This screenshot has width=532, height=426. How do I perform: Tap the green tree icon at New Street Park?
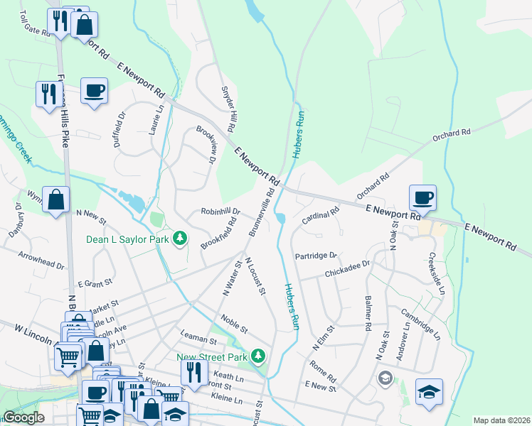pos(261,355)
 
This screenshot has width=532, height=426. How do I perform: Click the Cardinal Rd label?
pos(321,214)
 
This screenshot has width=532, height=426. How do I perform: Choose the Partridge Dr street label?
pos(316,256)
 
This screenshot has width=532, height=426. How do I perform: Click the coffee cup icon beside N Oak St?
pos(422,198)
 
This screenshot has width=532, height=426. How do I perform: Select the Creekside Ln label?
pos(436,273)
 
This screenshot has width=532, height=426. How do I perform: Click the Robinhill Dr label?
pos(220,212)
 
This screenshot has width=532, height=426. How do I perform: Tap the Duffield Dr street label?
pos(119,128)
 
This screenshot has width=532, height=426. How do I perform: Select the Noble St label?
pos(234,324)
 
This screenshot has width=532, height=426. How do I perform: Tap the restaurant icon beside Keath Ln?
pos(192,371)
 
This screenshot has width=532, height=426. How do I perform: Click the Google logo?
pos(23,418)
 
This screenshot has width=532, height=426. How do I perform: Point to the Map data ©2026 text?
pos(501,420)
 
